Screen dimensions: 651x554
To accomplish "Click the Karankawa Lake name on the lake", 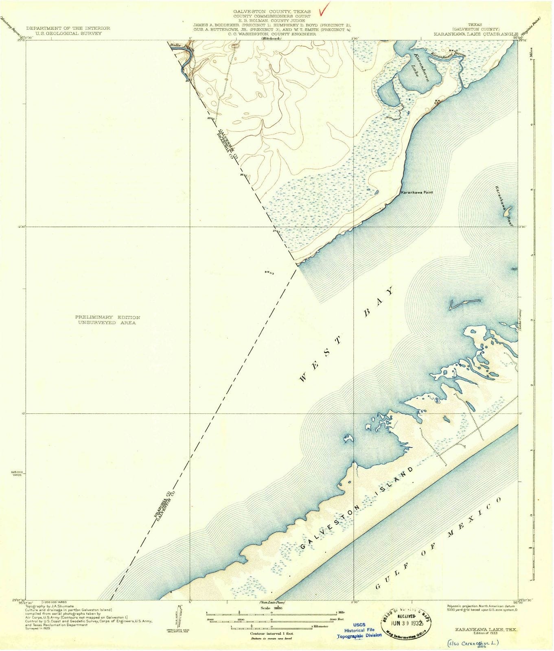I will coord(421,68).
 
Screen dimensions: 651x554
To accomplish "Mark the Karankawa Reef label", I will coord(504,206).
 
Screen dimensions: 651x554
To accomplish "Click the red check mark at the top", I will coord(325,8).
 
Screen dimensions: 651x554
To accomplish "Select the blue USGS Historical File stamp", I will coord(359,630).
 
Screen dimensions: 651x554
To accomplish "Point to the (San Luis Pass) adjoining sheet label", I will coord(272,602).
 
